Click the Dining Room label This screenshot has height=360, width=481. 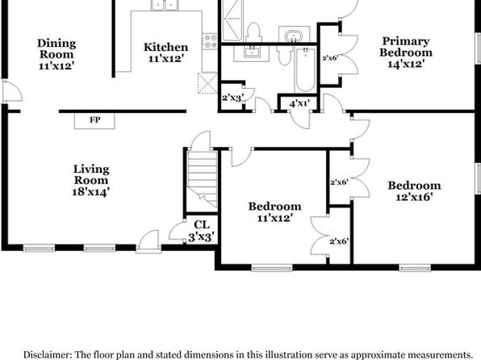56,48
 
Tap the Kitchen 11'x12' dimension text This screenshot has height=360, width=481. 166,58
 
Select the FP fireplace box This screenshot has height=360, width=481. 94,120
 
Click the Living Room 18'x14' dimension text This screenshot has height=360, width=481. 91,192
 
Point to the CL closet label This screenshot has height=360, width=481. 202,225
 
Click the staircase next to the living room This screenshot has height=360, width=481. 202,179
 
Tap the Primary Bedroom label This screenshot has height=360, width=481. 406,47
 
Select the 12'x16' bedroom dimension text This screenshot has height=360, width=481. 414,197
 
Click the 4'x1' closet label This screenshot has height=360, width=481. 299,104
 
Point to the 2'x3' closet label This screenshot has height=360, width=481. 232,98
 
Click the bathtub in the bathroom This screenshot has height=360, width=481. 306,69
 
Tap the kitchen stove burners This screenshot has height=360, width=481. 210,41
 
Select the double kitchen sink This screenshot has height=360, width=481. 165,5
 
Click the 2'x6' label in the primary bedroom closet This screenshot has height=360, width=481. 330,57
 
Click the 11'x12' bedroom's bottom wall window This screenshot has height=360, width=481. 272,269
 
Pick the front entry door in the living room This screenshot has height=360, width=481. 148,241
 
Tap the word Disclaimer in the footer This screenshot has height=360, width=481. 48,355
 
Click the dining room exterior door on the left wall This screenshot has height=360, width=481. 11,91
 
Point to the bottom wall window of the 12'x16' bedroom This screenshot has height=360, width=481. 415,269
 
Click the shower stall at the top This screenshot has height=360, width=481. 232,20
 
